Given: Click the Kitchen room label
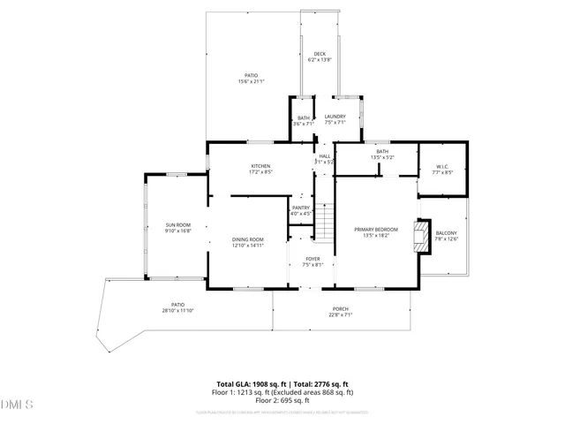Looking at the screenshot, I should [260, 165].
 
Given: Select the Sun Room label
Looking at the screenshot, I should [177, 225].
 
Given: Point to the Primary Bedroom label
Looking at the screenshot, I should [376, 230].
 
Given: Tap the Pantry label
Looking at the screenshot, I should [300, 208].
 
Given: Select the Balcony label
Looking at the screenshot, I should [446, 233].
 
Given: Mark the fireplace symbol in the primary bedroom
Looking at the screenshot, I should [425, 246].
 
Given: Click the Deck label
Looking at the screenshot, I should [319, 54].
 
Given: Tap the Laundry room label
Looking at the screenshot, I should [335, 117].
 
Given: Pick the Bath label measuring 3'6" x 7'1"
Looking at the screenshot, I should [303, 117].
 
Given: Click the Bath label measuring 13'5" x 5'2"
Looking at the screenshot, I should [382, 151].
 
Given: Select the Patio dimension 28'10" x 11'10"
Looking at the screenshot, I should [177, 311].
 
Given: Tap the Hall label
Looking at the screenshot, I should [325, 156].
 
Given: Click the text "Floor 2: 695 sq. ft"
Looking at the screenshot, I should [282, 401].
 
